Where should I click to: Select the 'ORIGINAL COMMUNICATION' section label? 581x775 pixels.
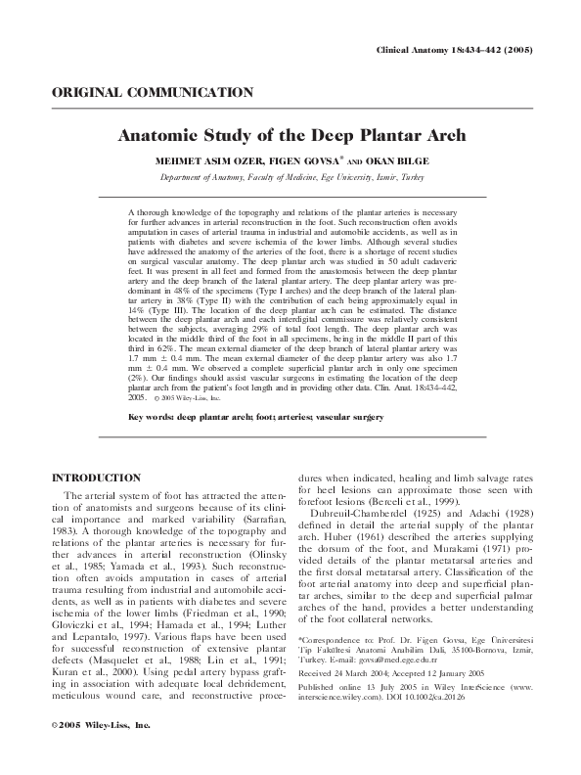tap(152, 93)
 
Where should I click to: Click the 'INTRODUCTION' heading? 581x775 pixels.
tap(95, 478)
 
